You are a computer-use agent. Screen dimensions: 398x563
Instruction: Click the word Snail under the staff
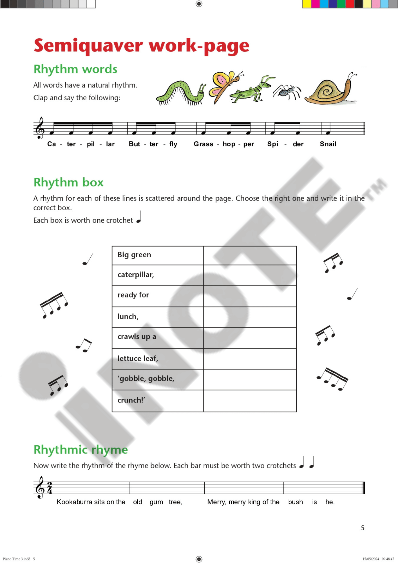(328, 144)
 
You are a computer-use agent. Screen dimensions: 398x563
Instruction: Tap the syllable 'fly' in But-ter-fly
(173, 144)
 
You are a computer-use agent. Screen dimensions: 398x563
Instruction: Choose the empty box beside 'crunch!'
(250, 401)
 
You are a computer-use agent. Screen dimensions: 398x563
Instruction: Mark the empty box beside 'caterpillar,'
(250, 275)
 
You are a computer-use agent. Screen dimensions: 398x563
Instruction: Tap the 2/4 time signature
(50, 488)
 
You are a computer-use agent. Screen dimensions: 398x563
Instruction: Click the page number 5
(362, 528)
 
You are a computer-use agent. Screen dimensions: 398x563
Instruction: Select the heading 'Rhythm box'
(68, 182)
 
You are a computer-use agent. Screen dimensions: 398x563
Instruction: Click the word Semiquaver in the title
(88, 46)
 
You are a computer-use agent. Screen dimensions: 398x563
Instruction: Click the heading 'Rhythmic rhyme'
(81, 450)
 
